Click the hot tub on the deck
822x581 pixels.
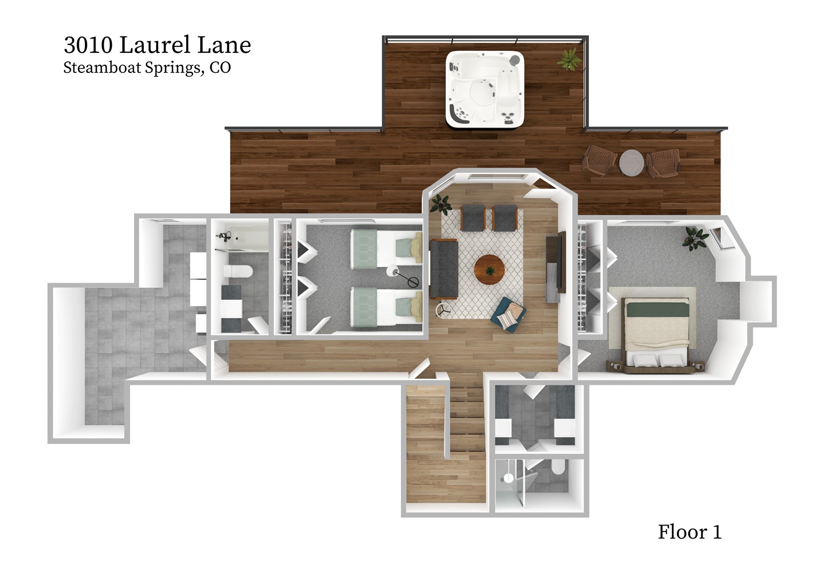(x=485, y=88)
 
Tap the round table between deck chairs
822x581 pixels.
(x=631, y=162)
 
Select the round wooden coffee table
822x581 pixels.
(x=490, y=270)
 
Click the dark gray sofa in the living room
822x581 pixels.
(x=444, y=268)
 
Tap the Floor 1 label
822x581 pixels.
(x=689, y=532)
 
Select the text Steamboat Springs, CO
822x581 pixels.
(x=147, y=67)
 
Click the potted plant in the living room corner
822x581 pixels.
(x=441, y=204)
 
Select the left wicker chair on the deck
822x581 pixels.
(x=598, y=160)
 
